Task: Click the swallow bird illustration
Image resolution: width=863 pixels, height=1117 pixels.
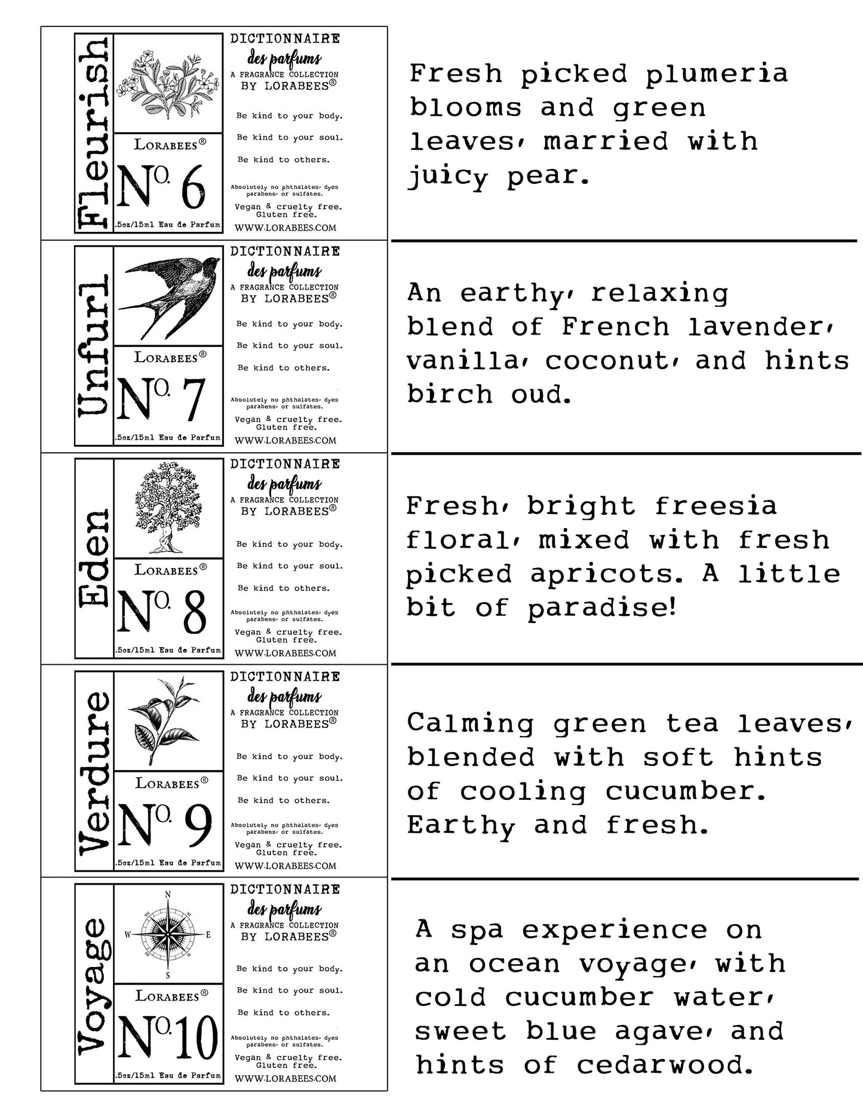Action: click(168, 296)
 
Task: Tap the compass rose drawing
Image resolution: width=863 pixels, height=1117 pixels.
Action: click(168, 935)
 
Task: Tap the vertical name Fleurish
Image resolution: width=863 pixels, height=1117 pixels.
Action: click(94, 133)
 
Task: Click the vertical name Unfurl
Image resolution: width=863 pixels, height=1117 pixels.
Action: click(94, 346)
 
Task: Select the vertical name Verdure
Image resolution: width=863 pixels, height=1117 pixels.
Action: click(94, 772)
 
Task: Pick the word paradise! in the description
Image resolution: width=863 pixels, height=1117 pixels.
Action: click(602, 608)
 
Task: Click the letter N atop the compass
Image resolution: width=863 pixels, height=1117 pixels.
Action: click(168, 894)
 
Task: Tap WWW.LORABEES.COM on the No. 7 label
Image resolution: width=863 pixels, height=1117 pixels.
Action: click(285, 440)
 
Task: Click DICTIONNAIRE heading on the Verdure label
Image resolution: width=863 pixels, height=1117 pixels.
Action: click(285, 677)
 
